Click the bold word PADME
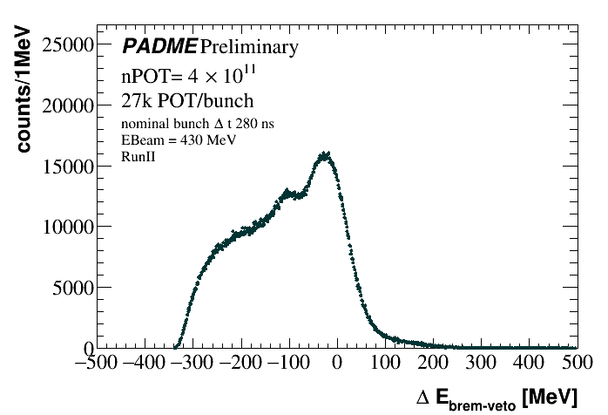coord(159,46)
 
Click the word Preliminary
coord(249,47)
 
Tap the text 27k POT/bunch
coord(175,100)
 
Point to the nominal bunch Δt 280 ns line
coord(198,124)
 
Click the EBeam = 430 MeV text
coord(179,139)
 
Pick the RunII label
coord(138,156)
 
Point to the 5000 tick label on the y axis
coord(73,287)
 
